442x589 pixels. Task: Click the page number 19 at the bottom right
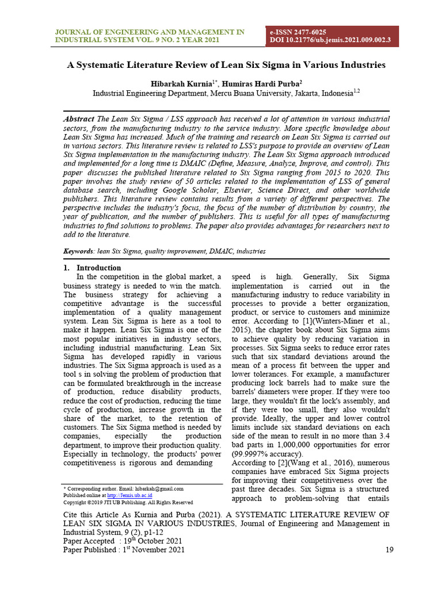click(389, 550)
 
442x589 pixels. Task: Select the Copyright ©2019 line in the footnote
click(127, 502)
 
